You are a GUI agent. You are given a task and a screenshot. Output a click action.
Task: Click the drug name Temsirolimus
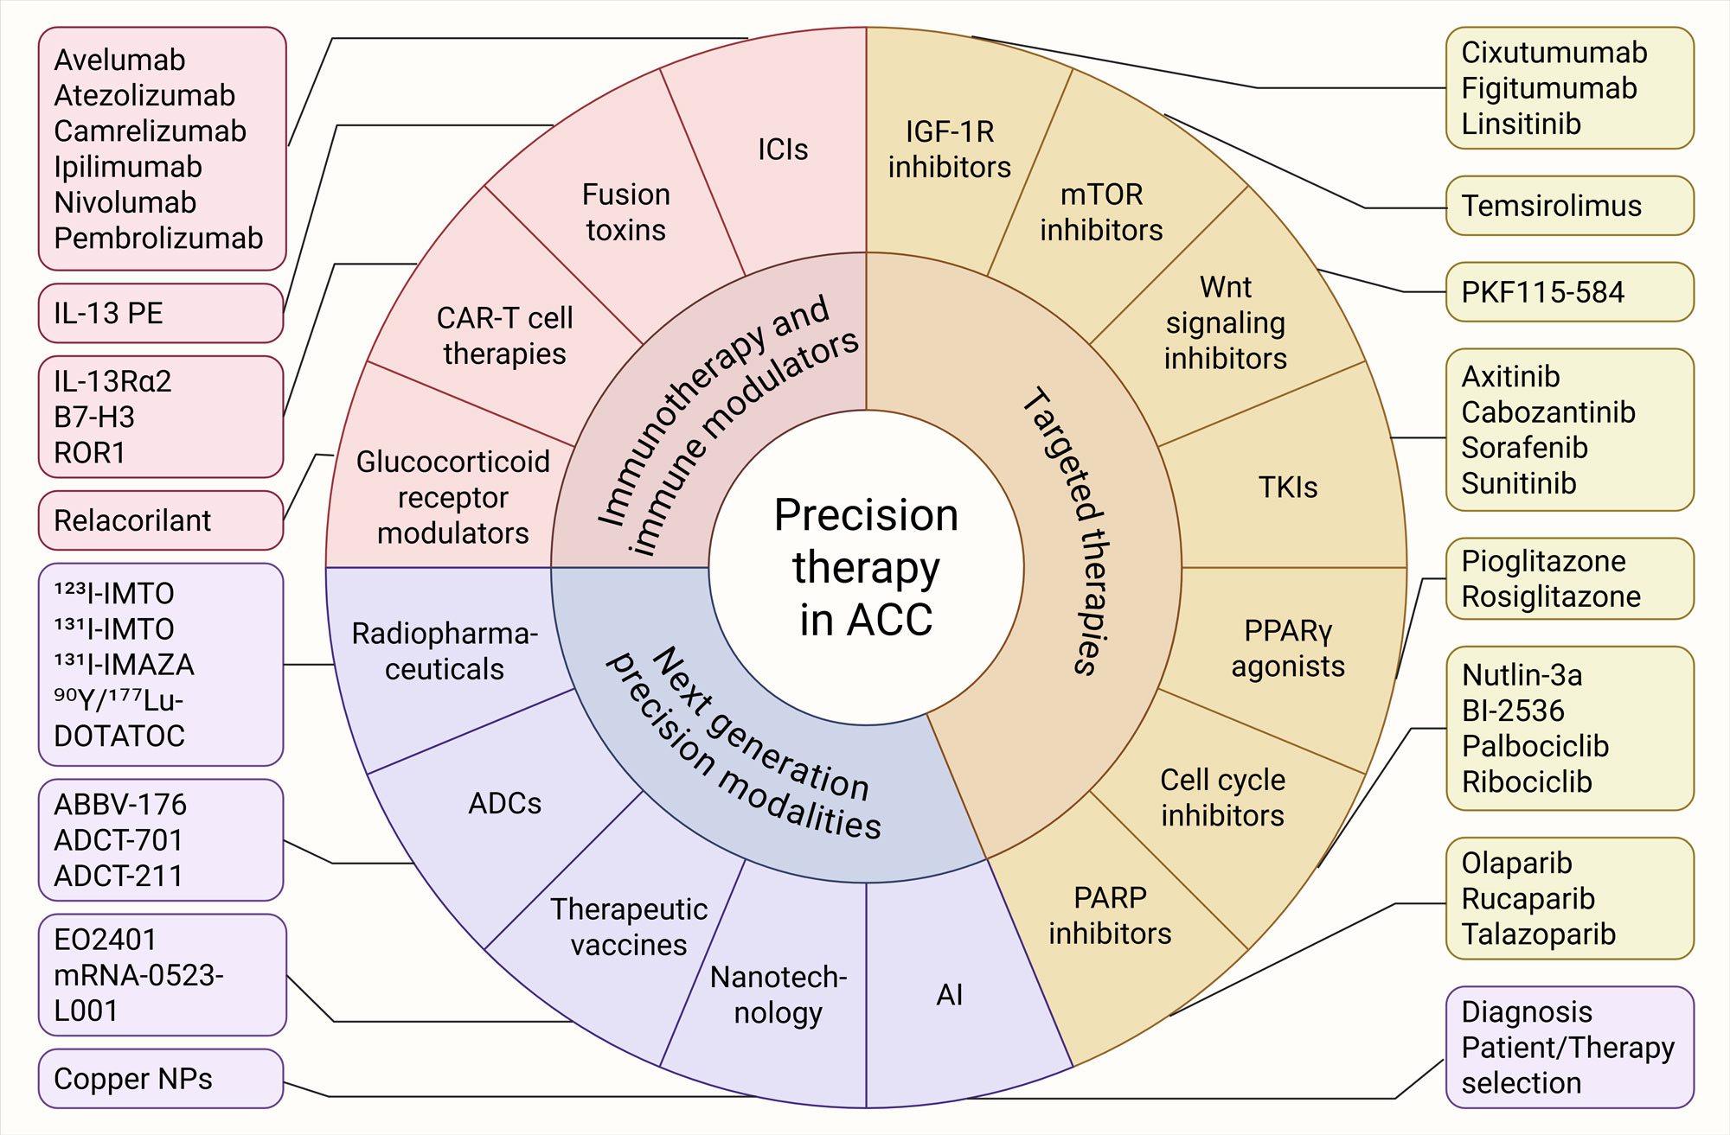click(1551, 206)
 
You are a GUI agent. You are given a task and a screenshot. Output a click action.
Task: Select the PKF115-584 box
click(1542, 292)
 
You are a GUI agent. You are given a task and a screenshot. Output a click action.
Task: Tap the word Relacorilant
click(132, 520)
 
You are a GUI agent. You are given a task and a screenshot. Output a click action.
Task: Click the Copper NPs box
click(133, 1079)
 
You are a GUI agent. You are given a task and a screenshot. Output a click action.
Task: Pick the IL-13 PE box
click(108, 313)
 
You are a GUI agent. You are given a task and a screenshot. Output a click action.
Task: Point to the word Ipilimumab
click(128, 167)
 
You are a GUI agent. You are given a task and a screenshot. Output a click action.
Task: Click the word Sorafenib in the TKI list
click(1524, 448)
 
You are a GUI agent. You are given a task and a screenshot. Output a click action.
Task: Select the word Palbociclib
click(1535, 746)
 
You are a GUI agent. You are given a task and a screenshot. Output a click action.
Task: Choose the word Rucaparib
click(1528, 899)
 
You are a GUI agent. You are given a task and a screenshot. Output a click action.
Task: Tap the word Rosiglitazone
click(1551, 596)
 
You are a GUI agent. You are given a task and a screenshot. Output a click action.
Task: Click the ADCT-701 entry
click(119, 840)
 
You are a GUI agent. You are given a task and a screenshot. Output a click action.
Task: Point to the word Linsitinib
click(1521, 124)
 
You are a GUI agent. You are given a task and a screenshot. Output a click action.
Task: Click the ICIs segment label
click(783, 150)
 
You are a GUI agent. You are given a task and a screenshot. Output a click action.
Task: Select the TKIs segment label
click(1288, 488)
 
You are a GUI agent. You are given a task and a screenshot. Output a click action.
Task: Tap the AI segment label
click(949, 995)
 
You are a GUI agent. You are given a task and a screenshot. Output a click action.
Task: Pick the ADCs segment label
click(504, 803)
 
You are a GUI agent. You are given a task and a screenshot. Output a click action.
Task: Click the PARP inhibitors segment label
click(1110, 916)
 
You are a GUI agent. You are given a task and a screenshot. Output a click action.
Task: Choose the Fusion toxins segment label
click(625, 213)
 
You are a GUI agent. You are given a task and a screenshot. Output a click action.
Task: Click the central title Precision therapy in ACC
click(866, 567)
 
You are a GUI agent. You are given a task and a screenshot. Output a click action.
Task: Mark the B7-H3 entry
click(94, 418)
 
